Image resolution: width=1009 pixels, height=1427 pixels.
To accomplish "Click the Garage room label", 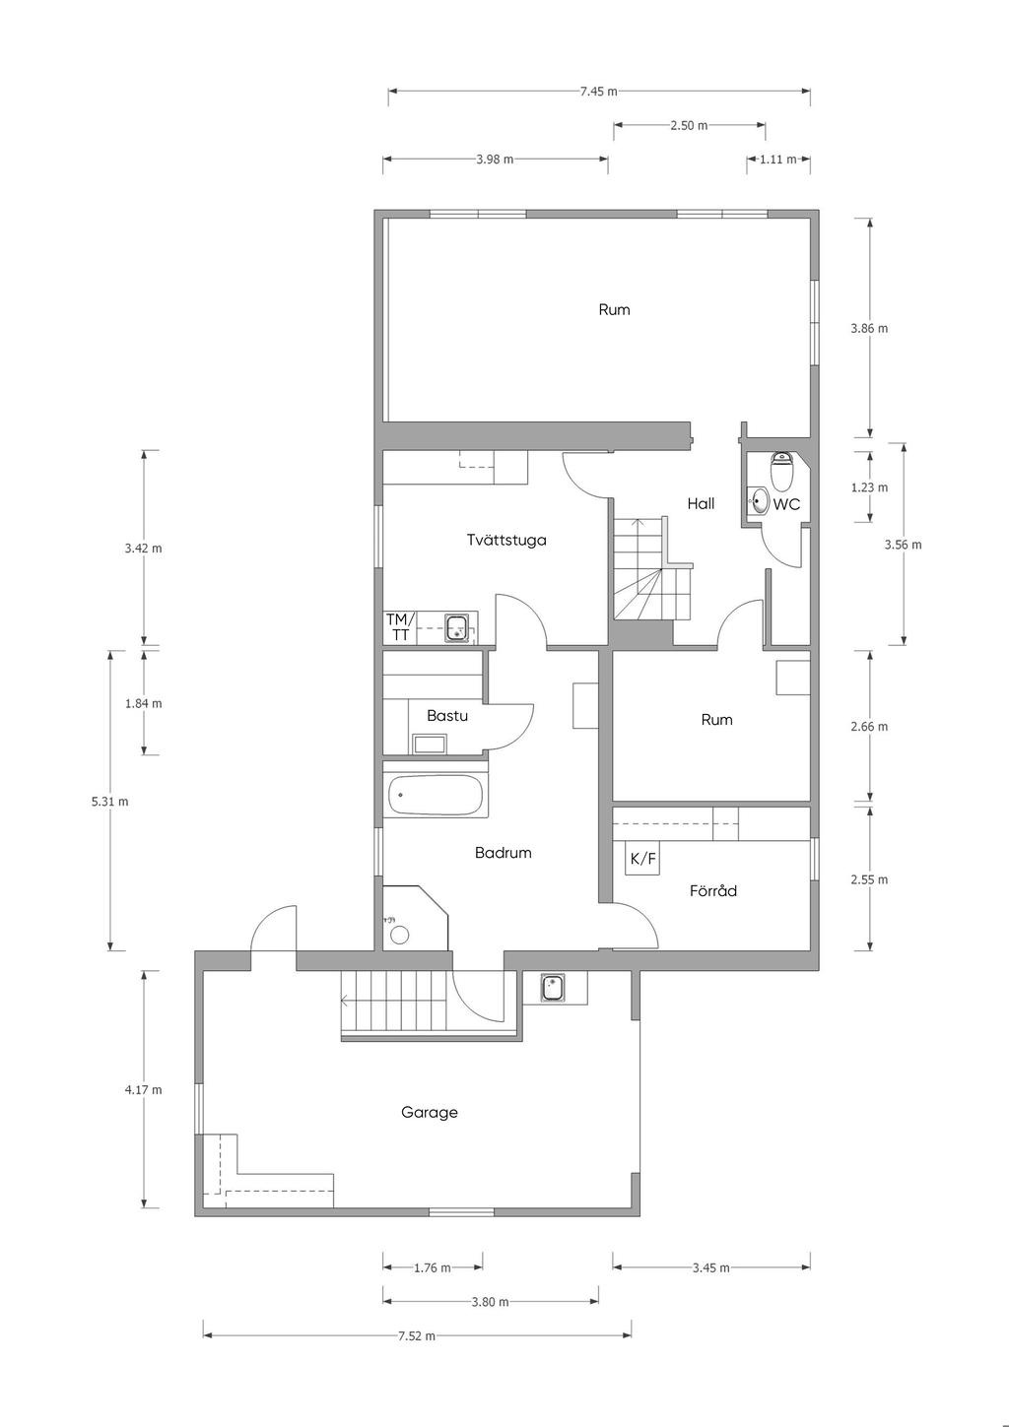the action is [x=429, y=1112].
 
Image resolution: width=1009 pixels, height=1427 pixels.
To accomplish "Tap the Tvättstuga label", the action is [x=506, y=541].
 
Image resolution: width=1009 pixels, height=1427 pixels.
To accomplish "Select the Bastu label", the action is [x=446, y=715].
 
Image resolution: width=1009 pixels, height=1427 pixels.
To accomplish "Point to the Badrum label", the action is [x=503, y=853].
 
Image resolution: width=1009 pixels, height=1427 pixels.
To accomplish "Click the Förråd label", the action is [x=712, y=890].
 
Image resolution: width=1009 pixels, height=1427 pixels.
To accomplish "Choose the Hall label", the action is [x=701, y=503].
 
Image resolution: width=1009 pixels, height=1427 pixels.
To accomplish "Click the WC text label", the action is [x=786, y=504].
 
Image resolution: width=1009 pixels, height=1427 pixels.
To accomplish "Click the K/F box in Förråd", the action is [x=641, y=858].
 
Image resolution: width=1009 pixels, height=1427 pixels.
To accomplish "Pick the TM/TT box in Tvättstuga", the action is [x=400, y=627].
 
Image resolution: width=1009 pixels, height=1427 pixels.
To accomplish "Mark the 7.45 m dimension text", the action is [x=598, y=92].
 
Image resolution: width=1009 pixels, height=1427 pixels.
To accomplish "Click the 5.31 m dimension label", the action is [x=109, y=802].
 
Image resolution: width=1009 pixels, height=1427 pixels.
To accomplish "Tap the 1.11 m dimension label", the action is [x=777, y=160].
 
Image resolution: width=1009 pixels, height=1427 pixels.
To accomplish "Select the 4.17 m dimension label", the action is [x=144, y=1089].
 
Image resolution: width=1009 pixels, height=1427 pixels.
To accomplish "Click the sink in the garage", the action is [x=552, y=988].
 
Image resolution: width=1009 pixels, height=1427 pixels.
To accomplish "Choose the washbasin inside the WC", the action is [x=758, y=500].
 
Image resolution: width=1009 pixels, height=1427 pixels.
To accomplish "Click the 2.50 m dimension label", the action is [x=689, y=125].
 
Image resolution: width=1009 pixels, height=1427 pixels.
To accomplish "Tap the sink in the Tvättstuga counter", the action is [x=456, y=627].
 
